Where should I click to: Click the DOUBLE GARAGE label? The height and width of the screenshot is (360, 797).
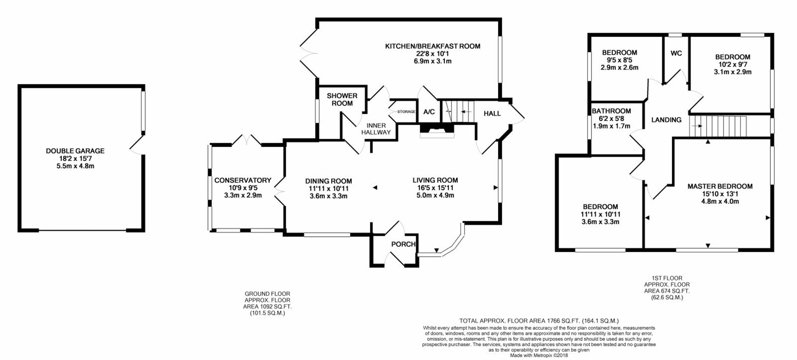pos(75,151)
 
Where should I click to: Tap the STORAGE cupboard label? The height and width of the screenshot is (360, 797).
pos(406,112)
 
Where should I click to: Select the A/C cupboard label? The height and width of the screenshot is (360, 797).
pos(429,112)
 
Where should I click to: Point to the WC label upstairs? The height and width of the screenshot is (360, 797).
pos(676,54)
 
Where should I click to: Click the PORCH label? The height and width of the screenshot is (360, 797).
pos(403,244)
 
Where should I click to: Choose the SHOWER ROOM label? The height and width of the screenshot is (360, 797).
pos(342,100)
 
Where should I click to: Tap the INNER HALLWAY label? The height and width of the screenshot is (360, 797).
pos(376,129)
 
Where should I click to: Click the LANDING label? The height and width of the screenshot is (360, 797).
pos(666,120)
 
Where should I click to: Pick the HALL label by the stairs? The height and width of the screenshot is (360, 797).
pos(492,114)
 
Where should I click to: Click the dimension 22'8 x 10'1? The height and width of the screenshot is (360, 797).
pos(433,54)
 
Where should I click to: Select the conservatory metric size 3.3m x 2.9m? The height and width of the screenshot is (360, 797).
pos(243,195)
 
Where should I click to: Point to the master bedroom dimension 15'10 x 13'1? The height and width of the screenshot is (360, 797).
pos(720,194)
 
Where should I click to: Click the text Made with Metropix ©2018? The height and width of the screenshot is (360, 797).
pos(539,355)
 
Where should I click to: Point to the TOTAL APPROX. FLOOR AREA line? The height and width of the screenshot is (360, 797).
pos(539,321)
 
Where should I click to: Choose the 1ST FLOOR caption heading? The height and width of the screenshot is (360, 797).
pos(667,278)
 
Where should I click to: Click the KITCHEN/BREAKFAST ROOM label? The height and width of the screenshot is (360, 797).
pos(433,46)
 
